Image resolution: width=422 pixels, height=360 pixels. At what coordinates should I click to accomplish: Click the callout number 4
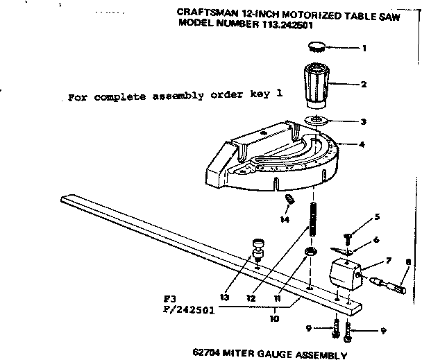[362, 144]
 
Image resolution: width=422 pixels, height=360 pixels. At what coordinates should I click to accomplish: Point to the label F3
[163, 299]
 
